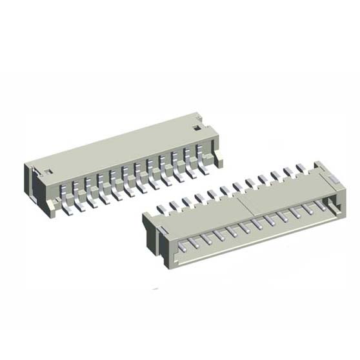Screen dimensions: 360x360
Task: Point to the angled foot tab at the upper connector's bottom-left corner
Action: (50, 206)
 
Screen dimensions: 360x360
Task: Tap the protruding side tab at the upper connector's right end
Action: (219, 156)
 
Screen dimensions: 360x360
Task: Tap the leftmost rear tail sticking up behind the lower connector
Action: (161, 208)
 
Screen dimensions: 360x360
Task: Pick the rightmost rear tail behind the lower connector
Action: (300, 168)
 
